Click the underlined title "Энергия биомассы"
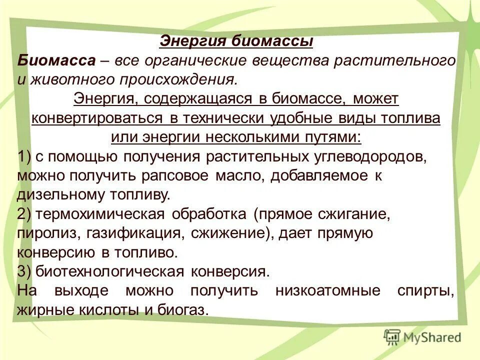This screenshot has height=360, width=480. click(236, 41)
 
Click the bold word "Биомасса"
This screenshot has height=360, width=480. click(56, 61)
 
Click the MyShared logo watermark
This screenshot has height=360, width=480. click(422, 337)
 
